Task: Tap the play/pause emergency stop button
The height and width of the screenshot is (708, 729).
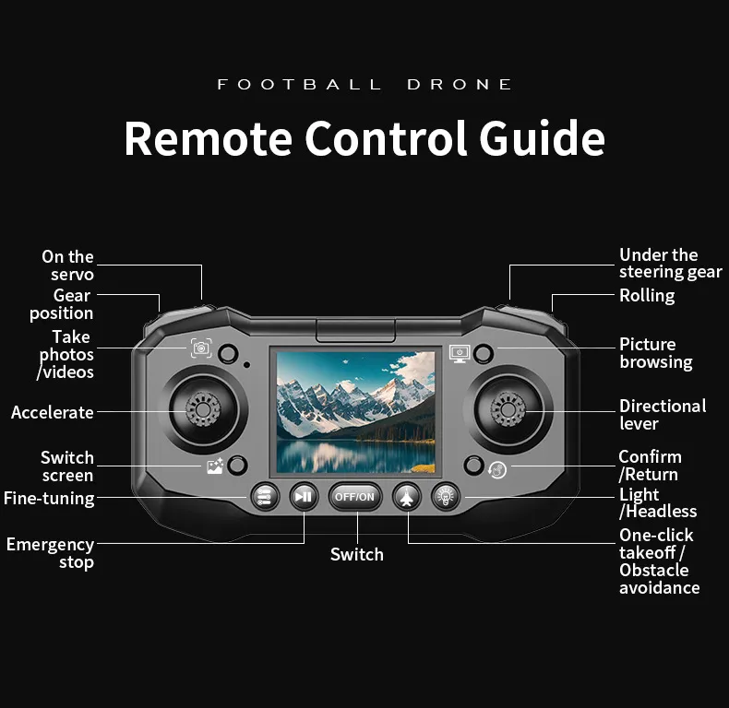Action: point(304,497)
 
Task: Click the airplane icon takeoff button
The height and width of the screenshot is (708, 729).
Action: point(407,497)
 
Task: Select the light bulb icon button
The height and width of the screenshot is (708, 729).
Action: point(446,497)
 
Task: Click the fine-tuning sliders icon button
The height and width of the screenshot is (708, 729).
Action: point(265,497)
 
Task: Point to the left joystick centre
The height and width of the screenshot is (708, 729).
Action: point(203,409)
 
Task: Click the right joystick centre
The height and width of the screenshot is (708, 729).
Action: point(508,409)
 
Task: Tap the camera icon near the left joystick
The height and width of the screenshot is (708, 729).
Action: point(201,348)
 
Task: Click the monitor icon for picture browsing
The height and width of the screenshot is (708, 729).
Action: point(460,353)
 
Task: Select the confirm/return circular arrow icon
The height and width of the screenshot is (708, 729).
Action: point(497,469)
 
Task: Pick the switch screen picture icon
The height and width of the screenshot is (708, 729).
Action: point(215,466)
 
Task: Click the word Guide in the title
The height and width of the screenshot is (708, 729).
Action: point(542,138)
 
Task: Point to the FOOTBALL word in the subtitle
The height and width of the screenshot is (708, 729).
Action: point(299,85)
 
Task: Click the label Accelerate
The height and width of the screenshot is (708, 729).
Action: point(53,412)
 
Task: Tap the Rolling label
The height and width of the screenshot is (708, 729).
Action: point(647,296)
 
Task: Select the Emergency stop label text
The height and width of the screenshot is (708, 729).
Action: point(50,553)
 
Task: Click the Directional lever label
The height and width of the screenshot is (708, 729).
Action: point(663,415)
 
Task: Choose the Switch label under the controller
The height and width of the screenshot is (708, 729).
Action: point(357,554)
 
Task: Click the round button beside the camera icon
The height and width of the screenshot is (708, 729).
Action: point(228,353)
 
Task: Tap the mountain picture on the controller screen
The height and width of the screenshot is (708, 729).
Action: point(355,412)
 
